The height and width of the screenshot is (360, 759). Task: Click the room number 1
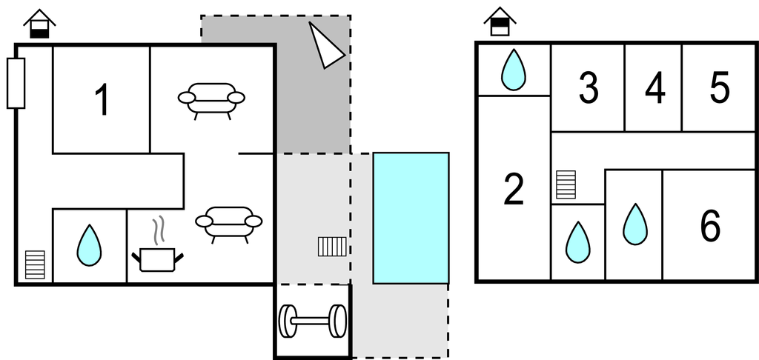102,100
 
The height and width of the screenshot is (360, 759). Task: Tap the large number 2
513,190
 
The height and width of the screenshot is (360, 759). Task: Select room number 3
588,88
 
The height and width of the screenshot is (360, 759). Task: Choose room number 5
719,88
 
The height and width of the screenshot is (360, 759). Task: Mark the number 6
709,226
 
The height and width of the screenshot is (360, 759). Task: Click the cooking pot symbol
157,259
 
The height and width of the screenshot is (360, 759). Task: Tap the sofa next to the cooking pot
229,221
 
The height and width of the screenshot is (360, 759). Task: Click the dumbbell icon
312,321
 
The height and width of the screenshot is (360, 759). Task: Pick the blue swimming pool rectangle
411,218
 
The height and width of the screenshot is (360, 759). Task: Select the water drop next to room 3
513,70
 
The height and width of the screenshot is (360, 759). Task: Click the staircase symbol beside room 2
566,184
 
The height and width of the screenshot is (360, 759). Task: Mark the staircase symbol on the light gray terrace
332,246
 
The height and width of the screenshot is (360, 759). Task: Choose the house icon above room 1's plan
39,24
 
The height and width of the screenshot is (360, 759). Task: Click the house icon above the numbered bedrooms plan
500,22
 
